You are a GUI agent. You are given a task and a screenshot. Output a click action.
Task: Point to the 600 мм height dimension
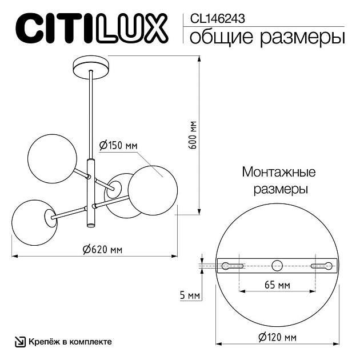point(193,135)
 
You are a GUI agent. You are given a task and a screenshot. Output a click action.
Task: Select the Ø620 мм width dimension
point(102,250)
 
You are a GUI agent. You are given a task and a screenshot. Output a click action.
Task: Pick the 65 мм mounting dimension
point(277,284)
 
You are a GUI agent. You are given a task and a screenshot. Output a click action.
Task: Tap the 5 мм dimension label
point(189,295)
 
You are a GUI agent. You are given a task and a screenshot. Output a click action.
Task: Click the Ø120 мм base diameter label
point(277,338)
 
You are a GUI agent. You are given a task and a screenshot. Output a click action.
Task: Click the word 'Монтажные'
point(279,172)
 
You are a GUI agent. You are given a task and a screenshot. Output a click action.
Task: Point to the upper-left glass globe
point(52,157)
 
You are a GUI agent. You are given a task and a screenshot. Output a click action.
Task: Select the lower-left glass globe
point(33,222)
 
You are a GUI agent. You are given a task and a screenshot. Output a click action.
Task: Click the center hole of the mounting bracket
point(277,265)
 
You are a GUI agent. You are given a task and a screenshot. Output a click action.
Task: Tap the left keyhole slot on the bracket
point(233,265)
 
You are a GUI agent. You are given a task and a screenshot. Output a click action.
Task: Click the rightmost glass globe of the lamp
point(151,190)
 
